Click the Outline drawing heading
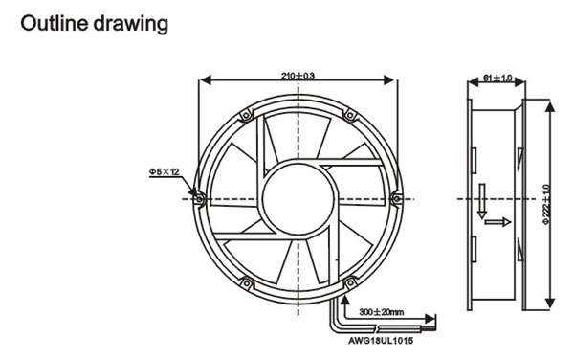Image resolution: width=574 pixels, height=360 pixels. click(x=94, y=24)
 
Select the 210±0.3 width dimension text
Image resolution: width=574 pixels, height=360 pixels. click(x=298, y=76)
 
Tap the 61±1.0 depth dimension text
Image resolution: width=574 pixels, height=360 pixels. click(x=497, y=78)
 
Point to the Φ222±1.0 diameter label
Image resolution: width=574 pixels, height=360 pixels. click(x=546, y=204)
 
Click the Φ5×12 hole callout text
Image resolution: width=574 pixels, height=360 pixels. click(x=164, y=171)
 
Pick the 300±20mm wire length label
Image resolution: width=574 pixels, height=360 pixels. click(x=382, y=312)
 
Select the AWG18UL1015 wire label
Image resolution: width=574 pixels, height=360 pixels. click(x=381, y=341)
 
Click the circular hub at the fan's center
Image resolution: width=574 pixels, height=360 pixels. click(x=298, y=199)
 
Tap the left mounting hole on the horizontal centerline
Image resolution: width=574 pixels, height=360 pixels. click(x=200, y=199)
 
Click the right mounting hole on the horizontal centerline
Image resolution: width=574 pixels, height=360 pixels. click(x=397, y=199)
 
